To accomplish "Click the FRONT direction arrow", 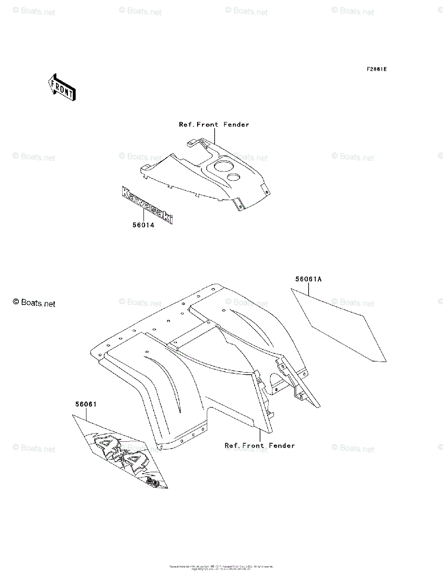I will click(60, 87).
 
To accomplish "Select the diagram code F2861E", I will click(376, 69).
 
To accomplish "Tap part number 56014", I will click(143, 225).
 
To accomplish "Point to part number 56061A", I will click(309, 279).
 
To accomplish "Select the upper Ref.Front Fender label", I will click(214, 125).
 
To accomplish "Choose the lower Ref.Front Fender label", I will click(259, 446).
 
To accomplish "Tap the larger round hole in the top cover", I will click(221, 168).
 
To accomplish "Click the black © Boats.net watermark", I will click(34, 303).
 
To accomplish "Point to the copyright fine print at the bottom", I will click(221, 567).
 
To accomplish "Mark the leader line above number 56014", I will click(143, 216).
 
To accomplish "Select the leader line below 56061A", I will click(309, 289).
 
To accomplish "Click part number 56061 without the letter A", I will click(86, 405).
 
